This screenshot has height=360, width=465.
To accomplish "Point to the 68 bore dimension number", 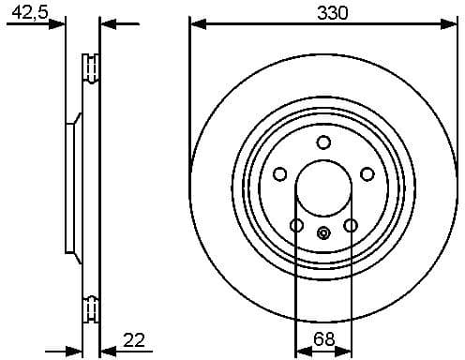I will coord(323,338).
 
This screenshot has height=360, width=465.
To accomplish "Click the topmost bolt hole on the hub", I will coord(323,142).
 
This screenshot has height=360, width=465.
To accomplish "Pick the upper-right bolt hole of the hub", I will coord(367,173).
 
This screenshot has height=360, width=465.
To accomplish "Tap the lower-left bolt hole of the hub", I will coord(297,226).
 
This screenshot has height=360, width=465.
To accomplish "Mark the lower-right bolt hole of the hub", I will coord(351,226).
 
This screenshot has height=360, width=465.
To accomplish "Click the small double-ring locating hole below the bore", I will coord(323,234).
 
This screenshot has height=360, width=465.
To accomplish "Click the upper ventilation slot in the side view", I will coord(92,71).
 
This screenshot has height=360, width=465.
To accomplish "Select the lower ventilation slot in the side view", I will coord(92,307).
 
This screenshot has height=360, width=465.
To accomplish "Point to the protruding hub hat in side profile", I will coord(71,187).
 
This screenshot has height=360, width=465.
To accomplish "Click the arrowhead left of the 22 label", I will coord(106,351).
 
